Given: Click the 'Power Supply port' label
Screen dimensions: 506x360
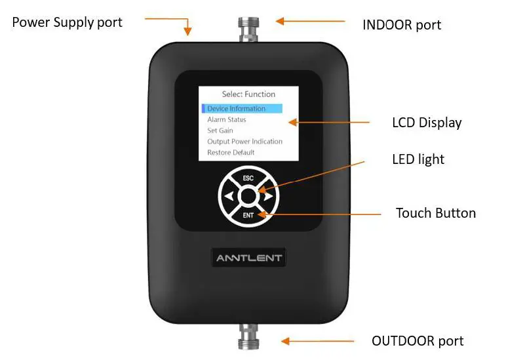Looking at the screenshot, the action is tap(68, 22).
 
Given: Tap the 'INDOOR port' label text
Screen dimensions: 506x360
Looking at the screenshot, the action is tap(402, 25).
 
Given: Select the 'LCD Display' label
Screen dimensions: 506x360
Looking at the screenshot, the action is tap(427, 123).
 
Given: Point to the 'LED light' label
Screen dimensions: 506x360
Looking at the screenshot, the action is tap(418, 159).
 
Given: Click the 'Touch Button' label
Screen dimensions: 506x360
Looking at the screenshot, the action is tap(436, 213).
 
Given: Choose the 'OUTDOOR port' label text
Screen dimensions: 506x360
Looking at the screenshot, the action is tap(418, 341).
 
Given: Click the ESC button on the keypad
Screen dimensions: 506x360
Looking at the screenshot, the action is tap(248, 178).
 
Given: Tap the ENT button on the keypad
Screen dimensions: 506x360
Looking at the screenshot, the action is tap(248, 214).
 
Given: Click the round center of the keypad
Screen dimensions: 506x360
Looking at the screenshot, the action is tap(248, 195).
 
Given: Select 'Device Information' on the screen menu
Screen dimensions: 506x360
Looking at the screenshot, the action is tap(237, 109).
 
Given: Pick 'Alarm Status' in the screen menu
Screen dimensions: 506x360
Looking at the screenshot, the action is tap(227, 120).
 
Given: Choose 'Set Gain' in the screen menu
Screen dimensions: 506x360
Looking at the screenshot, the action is tap(220, 130).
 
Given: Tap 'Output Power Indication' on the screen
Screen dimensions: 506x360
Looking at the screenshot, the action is tap(245, 142).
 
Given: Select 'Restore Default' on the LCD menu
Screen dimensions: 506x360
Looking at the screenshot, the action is tap(231, 152).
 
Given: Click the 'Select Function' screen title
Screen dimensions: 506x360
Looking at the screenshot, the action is tap(248, 94).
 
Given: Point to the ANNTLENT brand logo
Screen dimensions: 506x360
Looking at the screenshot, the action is tap(249, 258).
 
